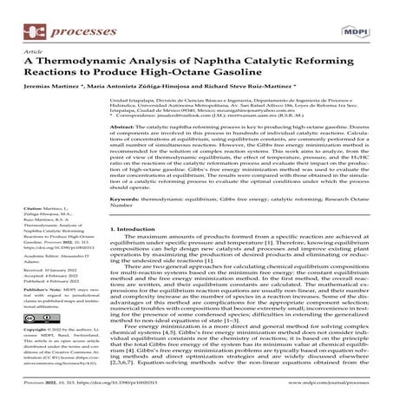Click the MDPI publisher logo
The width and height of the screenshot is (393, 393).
pyautogui.click(x=359, y=16)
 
